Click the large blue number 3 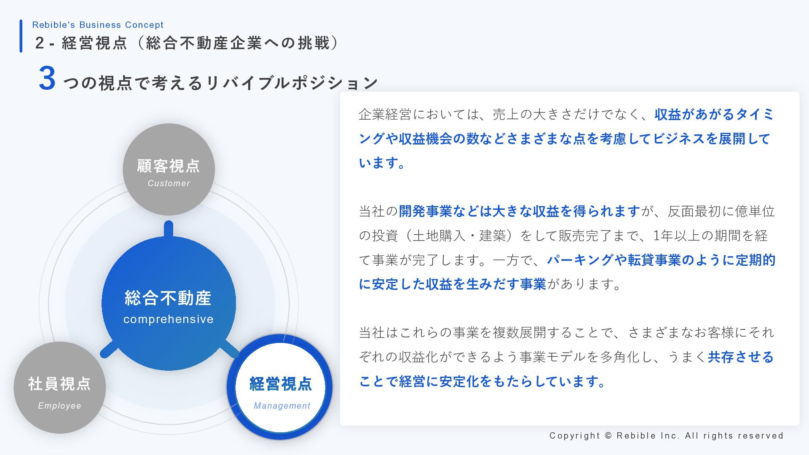click(x=47, y=78)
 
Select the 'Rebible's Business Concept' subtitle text click(x=98, y=25)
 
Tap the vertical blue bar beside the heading click(x=21, y=36)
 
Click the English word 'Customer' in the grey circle click(x=169, y=183)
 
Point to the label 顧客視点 click(x=169, y=166)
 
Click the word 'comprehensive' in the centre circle click(x=169, y=319)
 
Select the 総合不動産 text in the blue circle click(x=168, y=298)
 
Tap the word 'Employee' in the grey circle click(x=60, y=406)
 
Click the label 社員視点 click(x=59, y=384)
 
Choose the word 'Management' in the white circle click(x=282, y=406)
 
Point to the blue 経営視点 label click(x=281, y=384)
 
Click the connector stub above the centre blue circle click(x=169, y=229)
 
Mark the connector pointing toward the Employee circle click(x=108, y=350)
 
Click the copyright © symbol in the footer click(x=608, y=436)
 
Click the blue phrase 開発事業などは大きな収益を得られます click(x=520, y=211)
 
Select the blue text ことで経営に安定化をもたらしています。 click(x=482, y=381)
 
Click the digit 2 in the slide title click(x=40, y=43)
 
